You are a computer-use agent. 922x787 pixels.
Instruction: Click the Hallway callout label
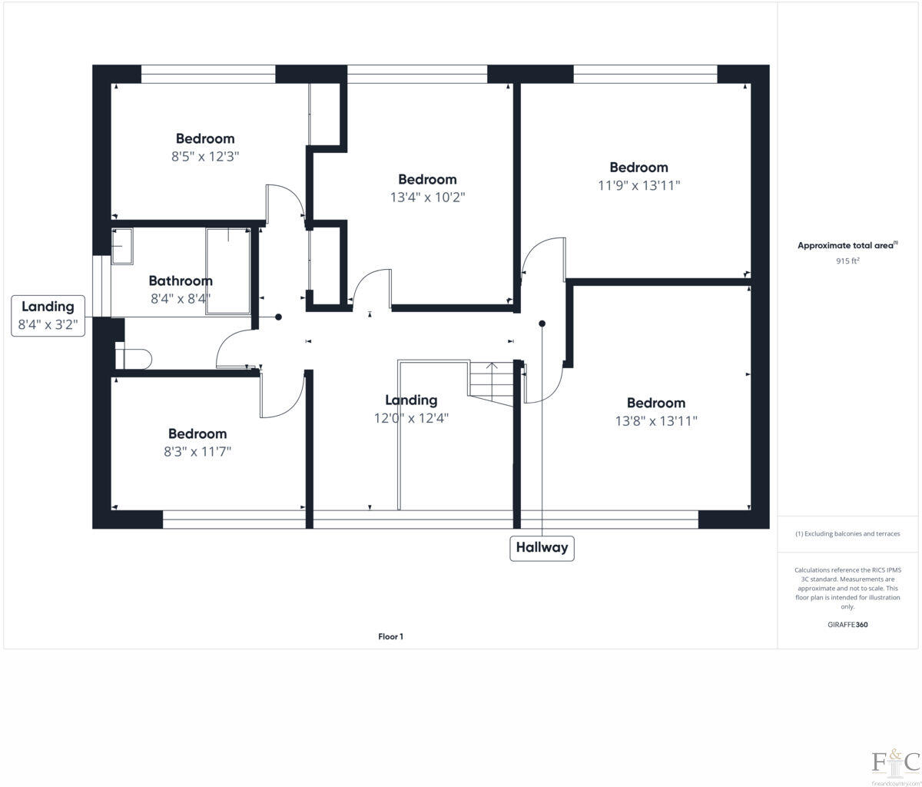pyautogui.click(x=542, y=548)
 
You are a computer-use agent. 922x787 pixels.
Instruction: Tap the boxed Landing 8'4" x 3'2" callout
pyautogui.click(x=48, y=316)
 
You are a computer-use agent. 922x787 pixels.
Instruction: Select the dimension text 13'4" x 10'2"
pyautogui.click(x=427, y=198)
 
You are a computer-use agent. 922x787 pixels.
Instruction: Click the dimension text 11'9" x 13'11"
pyautogui.click(x=638, y=185)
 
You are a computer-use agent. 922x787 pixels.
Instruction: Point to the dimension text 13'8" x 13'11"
pyautogui.click(x=655, y=421)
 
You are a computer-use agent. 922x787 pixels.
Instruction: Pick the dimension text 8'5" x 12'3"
pyautogui.click(x=205, y=156)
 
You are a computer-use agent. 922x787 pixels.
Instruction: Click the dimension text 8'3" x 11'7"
pyautogui.click(x=197, y=452)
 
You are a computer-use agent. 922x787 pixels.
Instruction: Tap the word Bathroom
pyautogui.click(x=181, y=281)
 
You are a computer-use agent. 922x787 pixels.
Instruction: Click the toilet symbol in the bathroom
pyautogui.click(x=134, y=357)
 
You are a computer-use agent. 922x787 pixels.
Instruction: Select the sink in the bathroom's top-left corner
pyautogui.click(x=121, y=246)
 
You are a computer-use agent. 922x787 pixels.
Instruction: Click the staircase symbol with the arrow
pyautogui.click(x=490, y=380)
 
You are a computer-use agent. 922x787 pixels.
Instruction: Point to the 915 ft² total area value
pyautogui.click(x=847, y=261)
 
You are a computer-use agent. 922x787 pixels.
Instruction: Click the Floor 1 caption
pyautogui.click(x=390, y=636)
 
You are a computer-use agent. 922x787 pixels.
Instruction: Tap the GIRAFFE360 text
pyautogui.click(x=847, y=625)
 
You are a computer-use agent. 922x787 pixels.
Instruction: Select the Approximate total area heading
pyautogui.click(x=847, y=245)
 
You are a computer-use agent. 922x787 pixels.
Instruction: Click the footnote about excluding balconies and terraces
pyautogui.click(x=847, y=533)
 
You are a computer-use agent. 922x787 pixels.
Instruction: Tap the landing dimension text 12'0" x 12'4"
pyautogui.click(x=411, y=418)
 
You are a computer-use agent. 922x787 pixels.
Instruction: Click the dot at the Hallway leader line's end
pyautogui.click(x=542, y=324)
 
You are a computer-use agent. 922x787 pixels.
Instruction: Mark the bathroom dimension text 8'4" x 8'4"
pyautogui.click(x=181, y=298)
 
